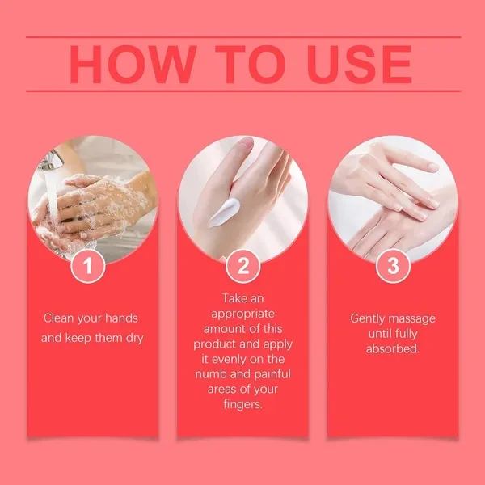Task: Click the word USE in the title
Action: click(360, 65)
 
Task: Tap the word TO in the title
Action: click(251, 65)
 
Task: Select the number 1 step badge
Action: click(88, 266)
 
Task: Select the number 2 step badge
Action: click(242, 266)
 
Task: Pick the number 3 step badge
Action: click(393, 266)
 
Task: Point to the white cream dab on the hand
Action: click(223, 213)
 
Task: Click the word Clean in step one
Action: click(58, 318)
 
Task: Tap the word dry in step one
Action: click(134, 338)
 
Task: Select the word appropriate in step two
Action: click(242, 314)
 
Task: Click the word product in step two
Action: click(211, 344)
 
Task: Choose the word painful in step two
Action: click(272, 374)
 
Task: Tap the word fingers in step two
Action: click(242, 405)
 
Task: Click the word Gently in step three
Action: click(368, 318)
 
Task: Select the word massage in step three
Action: click(412, 319)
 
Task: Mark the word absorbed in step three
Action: click(393, 348)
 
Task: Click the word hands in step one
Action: click(121, 318)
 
